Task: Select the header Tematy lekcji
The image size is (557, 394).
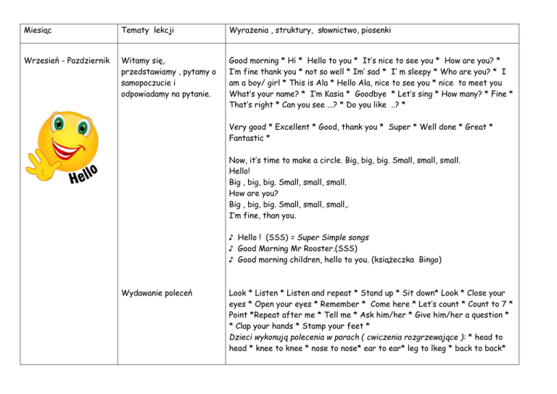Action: [151, 31]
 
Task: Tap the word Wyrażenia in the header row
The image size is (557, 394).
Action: [250, 31]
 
